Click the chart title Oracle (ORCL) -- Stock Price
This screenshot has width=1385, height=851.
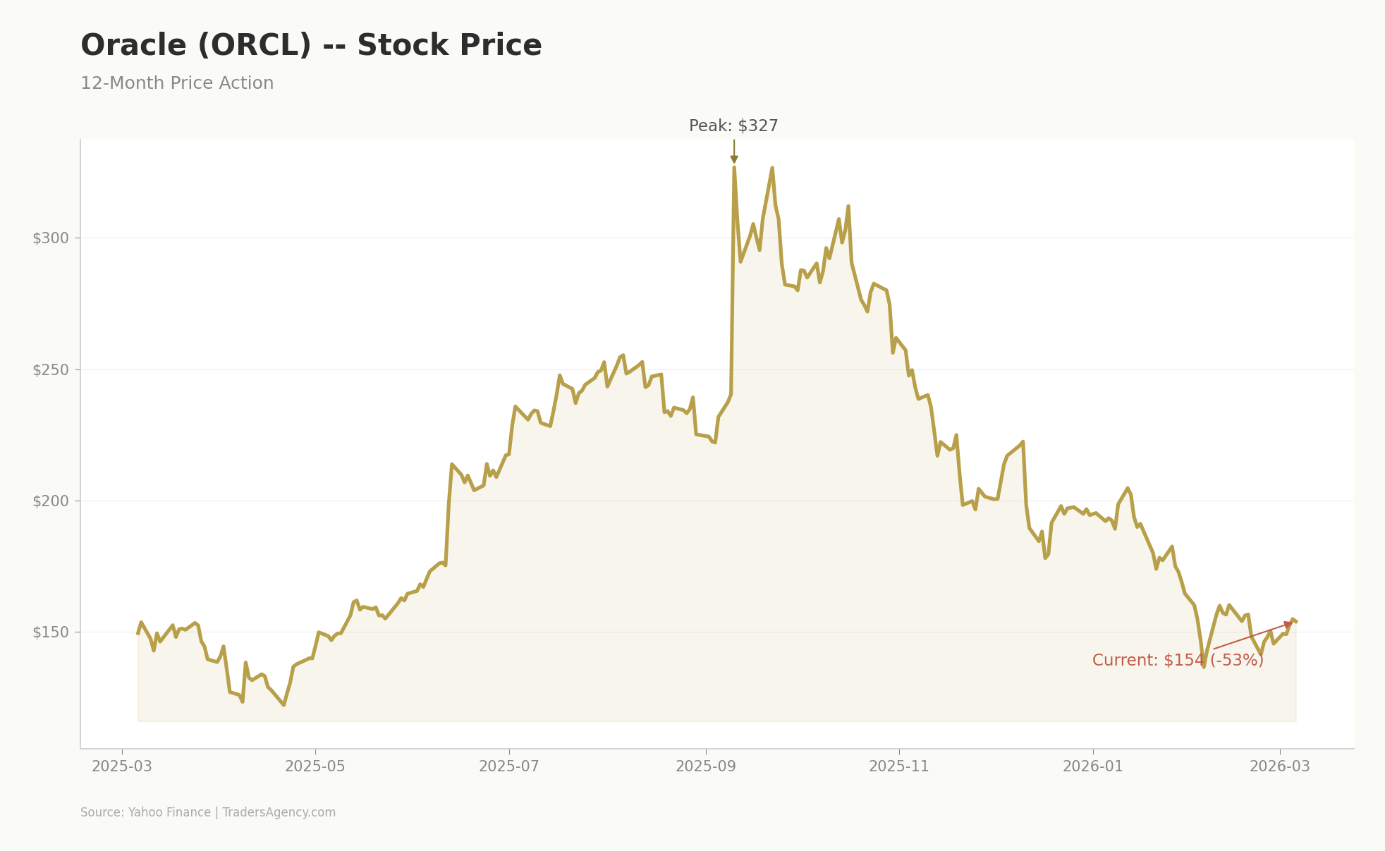[311, 46]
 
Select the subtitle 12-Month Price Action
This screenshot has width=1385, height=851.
[177, 83]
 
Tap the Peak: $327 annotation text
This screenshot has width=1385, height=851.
[733, 126]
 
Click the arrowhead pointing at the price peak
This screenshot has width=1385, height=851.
[734, 160]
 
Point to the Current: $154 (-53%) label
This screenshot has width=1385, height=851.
[1178, 661]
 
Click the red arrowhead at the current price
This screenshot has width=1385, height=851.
[1288, 625]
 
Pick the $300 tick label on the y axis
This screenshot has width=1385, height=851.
[51, 238]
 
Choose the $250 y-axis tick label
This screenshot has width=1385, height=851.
[51, 370]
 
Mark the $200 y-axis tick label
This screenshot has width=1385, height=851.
[51, 501]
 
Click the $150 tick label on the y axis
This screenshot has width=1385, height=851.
[51, 632]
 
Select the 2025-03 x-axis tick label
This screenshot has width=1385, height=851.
[122, 766]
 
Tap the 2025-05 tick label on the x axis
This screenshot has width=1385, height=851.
[315, 766]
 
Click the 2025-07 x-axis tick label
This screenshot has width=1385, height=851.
[509, 766]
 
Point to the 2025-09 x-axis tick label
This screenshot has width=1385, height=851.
[706, 766]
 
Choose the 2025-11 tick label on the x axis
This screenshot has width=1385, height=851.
[899, 766]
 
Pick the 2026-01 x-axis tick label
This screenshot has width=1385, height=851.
[1093, 766]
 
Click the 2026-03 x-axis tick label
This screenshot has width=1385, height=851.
[1280, 766]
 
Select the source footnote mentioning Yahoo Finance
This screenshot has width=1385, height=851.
[208, 812]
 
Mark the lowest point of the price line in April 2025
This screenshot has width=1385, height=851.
[283, 704]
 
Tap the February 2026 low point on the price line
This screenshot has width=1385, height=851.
[1204, 666]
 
